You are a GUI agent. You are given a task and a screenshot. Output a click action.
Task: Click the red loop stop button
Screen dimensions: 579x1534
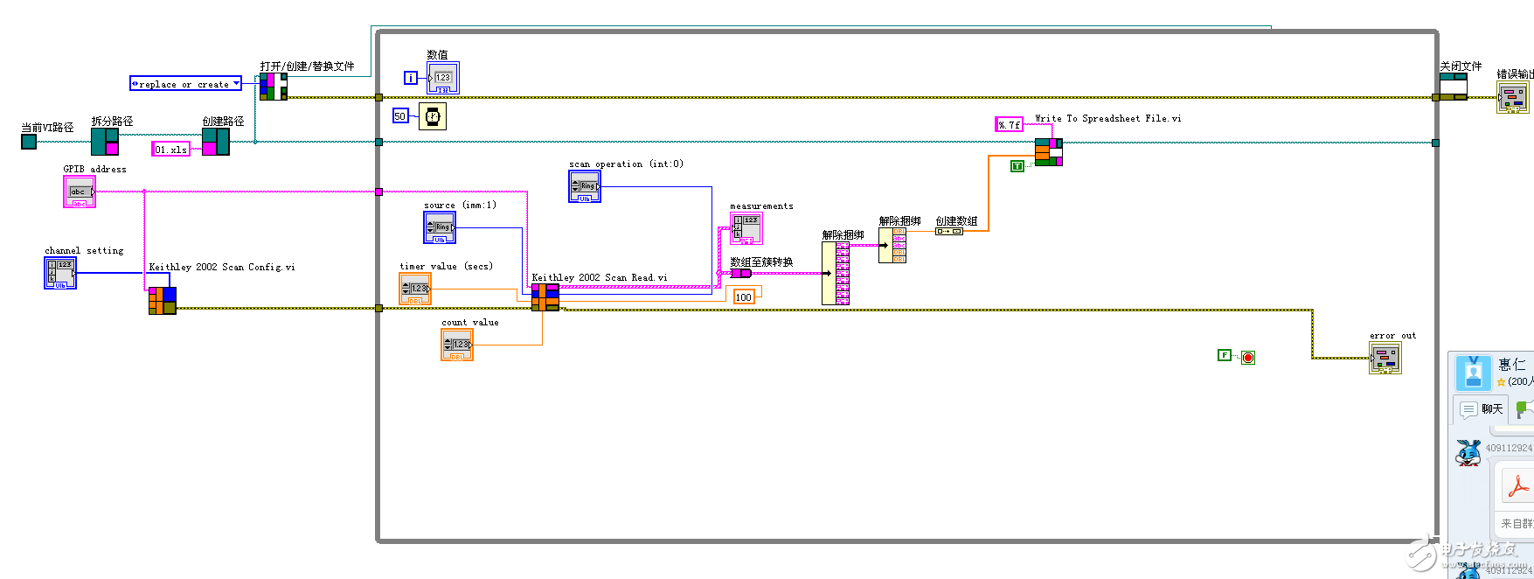tap(1248, 357)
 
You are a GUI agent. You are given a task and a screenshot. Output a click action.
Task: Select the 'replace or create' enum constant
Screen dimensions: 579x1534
tap(185, 84)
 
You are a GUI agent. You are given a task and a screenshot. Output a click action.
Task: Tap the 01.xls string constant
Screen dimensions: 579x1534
tap(170, 150)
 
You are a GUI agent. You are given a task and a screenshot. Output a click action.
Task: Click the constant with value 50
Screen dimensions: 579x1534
tap(400, 115)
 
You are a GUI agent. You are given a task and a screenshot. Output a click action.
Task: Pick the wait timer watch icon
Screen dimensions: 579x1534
tap(432, 115)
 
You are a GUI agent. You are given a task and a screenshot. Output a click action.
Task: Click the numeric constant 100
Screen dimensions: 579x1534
tap(744, 297)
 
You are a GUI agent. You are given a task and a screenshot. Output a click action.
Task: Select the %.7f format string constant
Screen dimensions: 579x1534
tap(1009, 125)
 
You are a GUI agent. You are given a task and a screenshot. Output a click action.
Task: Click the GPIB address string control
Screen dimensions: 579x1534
tap(79, 192)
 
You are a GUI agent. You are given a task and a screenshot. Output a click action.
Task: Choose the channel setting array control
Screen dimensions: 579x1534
tap(60, 273)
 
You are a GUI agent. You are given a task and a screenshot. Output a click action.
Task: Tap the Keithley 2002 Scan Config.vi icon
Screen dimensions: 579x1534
tap(162, 300)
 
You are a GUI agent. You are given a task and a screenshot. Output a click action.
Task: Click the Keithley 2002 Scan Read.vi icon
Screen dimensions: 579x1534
tap(545, 297)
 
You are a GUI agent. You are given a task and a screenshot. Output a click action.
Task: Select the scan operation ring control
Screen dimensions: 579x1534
tap(585, 186)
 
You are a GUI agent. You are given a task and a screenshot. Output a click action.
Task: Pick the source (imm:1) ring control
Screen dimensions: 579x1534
tap(440, 227)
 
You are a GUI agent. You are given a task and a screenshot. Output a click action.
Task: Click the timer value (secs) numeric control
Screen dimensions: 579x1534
tap(415, 289)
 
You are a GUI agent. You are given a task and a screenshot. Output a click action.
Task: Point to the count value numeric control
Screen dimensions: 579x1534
tap(457, 345)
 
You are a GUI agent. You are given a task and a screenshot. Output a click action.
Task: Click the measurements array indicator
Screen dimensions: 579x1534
tap(746, 228)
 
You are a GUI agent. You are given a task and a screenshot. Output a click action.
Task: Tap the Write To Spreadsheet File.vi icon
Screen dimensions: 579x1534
tap(1048, 151)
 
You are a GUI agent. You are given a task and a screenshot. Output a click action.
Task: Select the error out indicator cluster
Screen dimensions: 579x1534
tap(1385, 358)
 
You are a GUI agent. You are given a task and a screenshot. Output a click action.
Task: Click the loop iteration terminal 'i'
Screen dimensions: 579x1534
tap(410, 78)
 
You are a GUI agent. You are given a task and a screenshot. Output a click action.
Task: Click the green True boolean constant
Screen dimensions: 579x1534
tap(1017, 166)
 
